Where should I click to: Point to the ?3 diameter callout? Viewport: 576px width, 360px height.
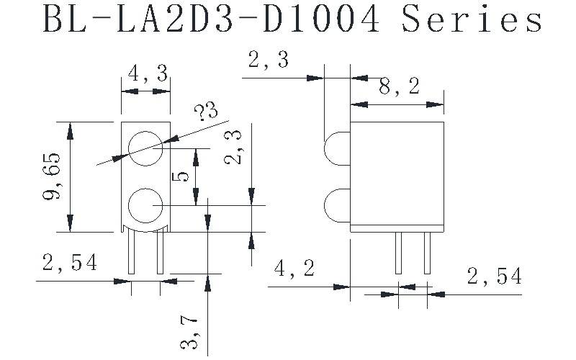click(x=205, y=113)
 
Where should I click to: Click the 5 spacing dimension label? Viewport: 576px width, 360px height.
click(x=182, y=176)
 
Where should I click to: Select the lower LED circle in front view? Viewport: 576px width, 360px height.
click(x=145, y=206)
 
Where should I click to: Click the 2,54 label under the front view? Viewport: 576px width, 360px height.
click(x=69, y=264)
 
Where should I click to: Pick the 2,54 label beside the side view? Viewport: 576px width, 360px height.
click(x=494, y=276)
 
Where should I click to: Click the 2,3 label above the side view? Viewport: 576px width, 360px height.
click(x=268, y=60)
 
